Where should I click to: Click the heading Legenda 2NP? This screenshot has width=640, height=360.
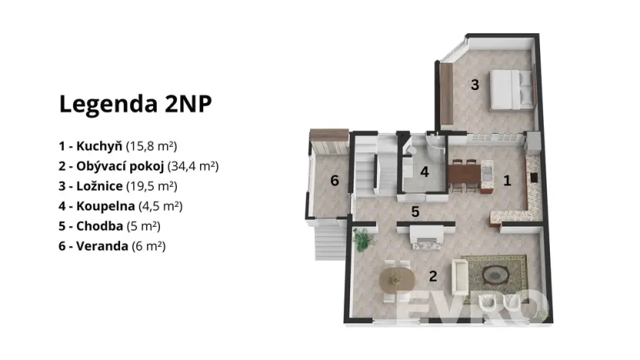[135, 105]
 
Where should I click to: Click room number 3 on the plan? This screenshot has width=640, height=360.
[475, 85]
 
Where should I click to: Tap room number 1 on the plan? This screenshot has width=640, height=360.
[507, 181]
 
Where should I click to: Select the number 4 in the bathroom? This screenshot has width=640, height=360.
[424, 172]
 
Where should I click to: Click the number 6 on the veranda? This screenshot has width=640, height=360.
[334, 181]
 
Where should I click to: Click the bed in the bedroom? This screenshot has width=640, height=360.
[510, 88]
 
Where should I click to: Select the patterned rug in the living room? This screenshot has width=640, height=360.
[494, 269]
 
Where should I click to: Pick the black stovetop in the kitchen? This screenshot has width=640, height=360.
[534, 176]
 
